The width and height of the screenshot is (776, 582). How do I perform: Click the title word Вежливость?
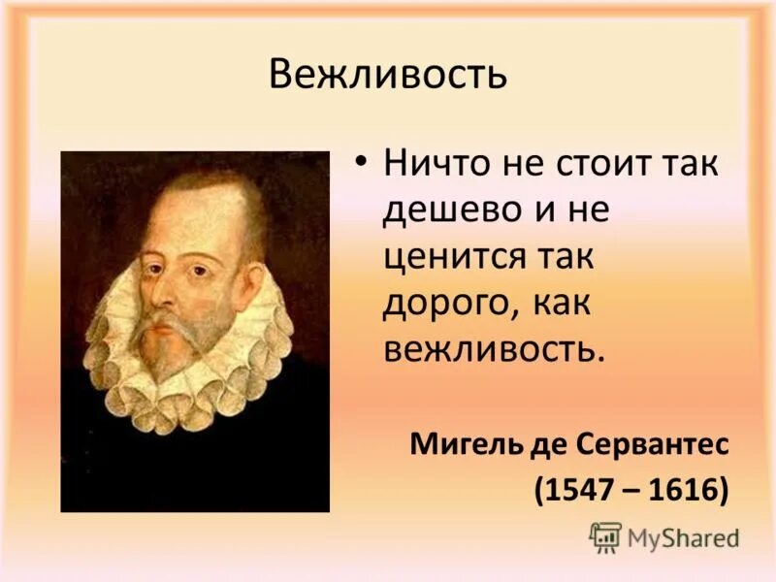[x=387, y=74]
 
